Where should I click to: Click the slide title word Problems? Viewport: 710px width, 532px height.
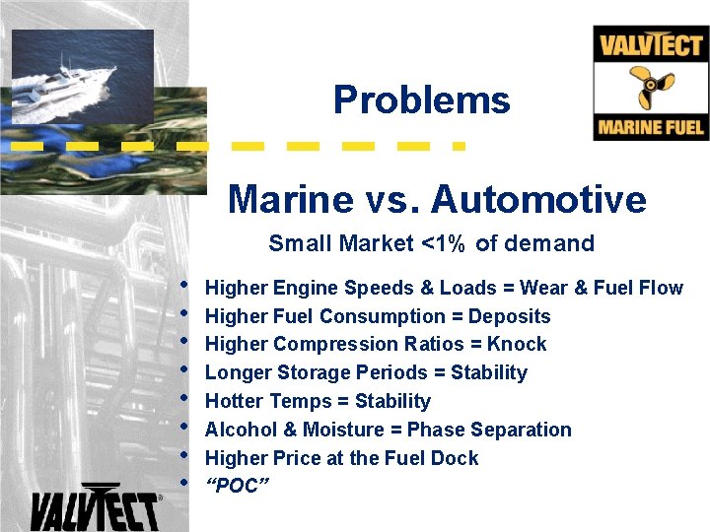pos(421,100)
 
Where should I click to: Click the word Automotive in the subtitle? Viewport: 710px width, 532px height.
pos(538,199)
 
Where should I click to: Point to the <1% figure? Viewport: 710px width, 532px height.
pos(445,243)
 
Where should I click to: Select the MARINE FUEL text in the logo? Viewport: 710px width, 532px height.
pos(651,127)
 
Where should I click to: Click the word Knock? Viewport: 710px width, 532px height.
pos(517,344)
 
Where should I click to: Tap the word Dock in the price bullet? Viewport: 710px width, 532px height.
pos(457,458)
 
